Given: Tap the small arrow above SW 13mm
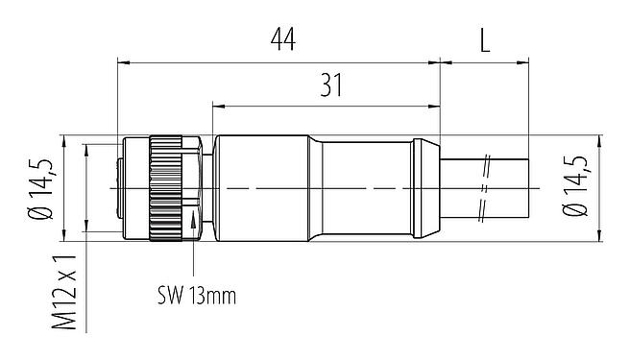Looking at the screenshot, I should click(197, 223).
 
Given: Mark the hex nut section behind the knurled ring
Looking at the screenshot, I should click(194, 188).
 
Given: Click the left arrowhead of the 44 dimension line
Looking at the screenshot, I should click(121, 62).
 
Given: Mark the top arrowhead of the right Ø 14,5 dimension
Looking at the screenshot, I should click(600, 140).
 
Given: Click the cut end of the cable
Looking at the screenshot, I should click(528, 188).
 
